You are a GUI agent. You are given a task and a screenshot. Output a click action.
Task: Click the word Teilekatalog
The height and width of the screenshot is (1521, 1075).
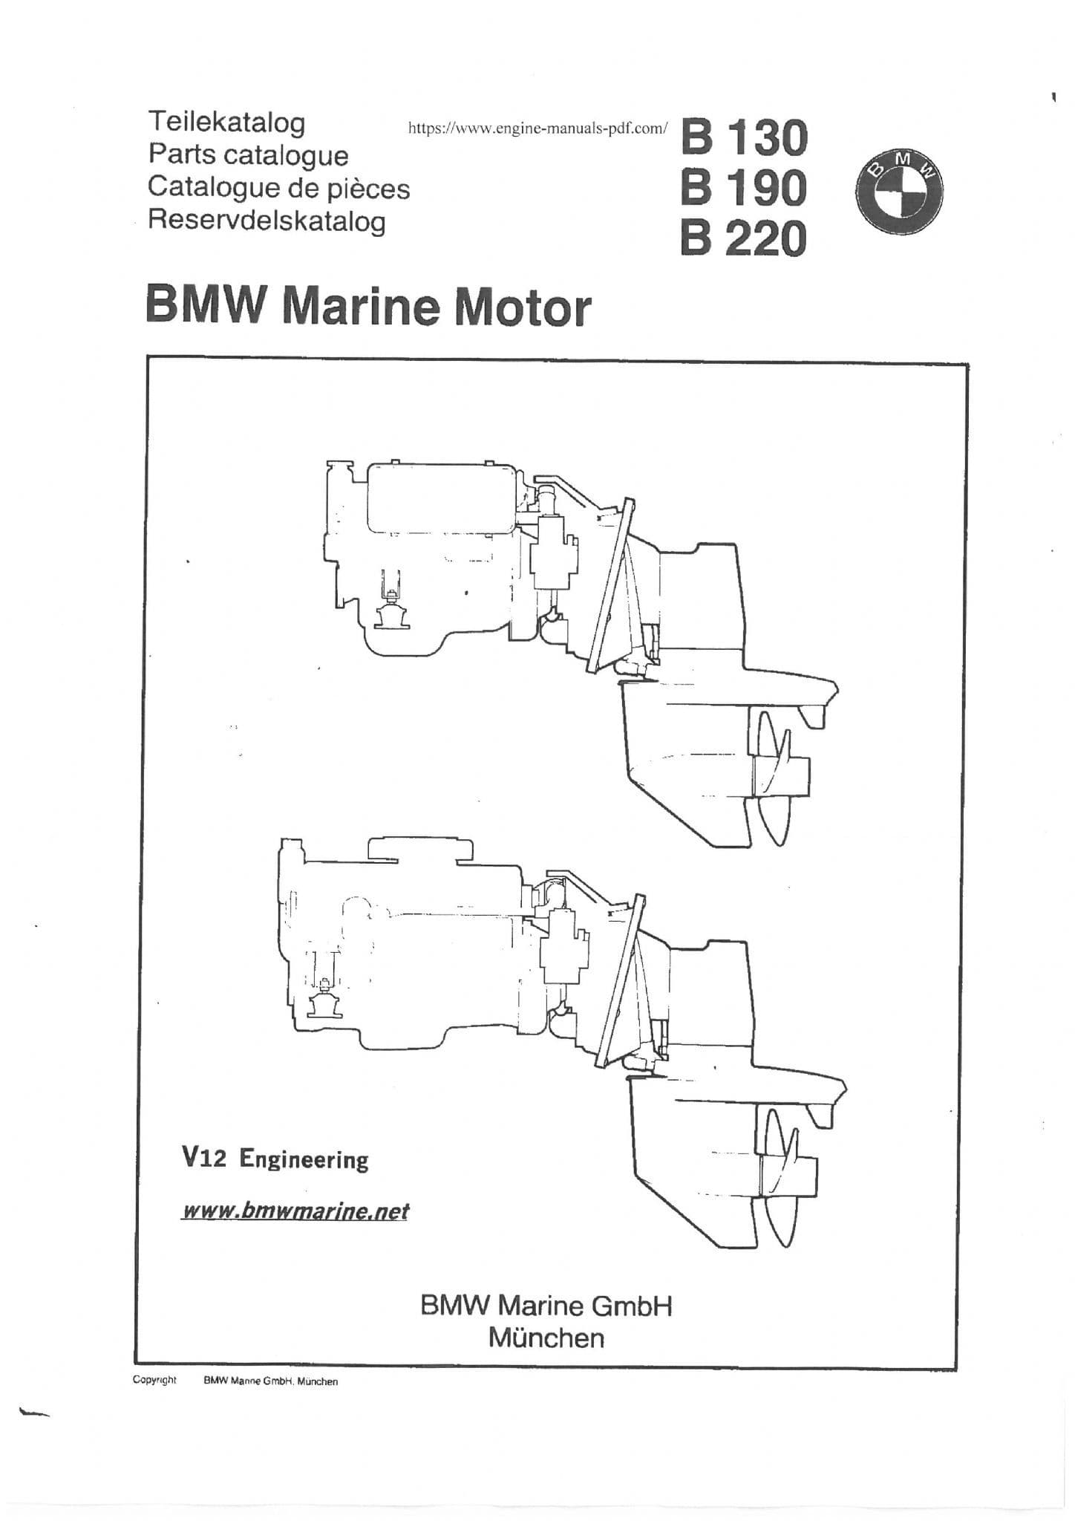[x=226, y=122]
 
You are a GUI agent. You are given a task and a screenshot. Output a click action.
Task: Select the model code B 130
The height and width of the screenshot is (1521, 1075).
[x=744, y=138]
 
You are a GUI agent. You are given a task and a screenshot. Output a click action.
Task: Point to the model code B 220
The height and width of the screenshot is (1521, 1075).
[x=744, y=238]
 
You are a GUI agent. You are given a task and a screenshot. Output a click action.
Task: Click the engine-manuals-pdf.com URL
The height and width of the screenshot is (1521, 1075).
[x=538, y=128]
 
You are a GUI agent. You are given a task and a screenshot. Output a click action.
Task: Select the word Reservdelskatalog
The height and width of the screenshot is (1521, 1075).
[x=267, y=221]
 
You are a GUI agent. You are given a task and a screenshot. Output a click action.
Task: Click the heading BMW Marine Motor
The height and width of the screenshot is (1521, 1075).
[x=368, y=307]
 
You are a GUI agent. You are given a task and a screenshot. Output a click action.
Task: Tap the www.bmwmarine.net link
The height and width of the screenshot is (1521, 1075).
[x=295, y=1211]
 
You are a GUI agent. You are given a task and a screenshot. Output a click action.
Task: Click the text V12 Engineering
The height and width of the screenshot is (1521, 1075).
[x=275, y=1159]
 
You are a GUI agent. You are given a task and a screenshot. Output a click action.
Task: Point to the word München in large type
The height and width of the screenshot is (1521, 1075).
[x=546, y=1338]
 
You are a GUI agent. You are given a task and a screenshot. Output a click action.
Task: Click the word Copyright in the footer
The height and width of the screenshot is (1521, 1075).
[x=154, y=1380]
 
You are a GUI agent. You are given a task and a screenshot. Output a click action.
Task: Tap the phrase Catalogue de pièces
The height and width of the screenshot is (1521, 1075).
[x=278, y=187]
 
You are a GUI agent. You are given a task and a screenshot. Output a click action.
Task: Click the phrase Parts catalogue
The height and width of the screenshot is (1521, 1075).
[x=248, y=154]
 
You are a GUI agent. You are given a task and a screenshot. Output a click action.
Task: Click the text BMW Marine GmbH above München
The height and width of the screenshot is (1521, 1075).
[x=546, y=1305]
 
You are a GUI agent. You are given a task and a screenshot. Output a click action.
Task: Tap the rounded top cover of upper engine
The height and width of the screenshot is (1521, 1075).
[x=441, y=498]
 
